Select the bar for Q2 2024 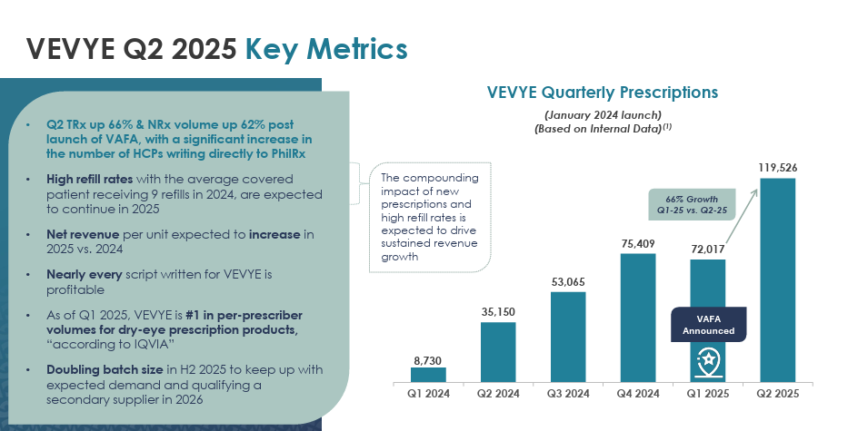click(498, 351)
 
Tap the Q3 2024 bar click(568, 336)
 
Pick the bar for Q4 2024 click(638, 317)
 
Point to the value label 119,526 click(778, 167)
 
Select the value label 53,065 click(568, 282)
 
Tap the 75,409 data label click(638, 243)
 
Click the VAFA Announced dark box click(708, 325)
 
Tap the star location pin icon click(708, 362)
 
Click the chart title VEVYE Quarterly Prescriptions click(603, 93)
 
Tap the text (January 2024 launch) click(603, 114)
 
